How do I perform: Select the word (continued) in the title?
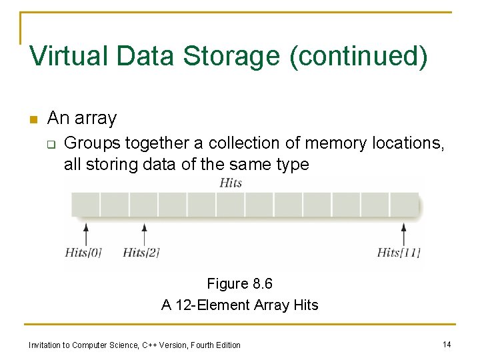pos(358,56)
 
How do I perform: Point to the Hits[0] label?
pos(83,253)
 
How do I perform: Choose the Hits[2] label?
pos(141,253)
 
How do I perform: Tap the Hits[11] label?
pos(399,253)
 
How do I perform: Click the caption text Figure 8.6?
pos(240,284)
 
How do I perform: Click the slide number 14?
pos(447,344)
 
